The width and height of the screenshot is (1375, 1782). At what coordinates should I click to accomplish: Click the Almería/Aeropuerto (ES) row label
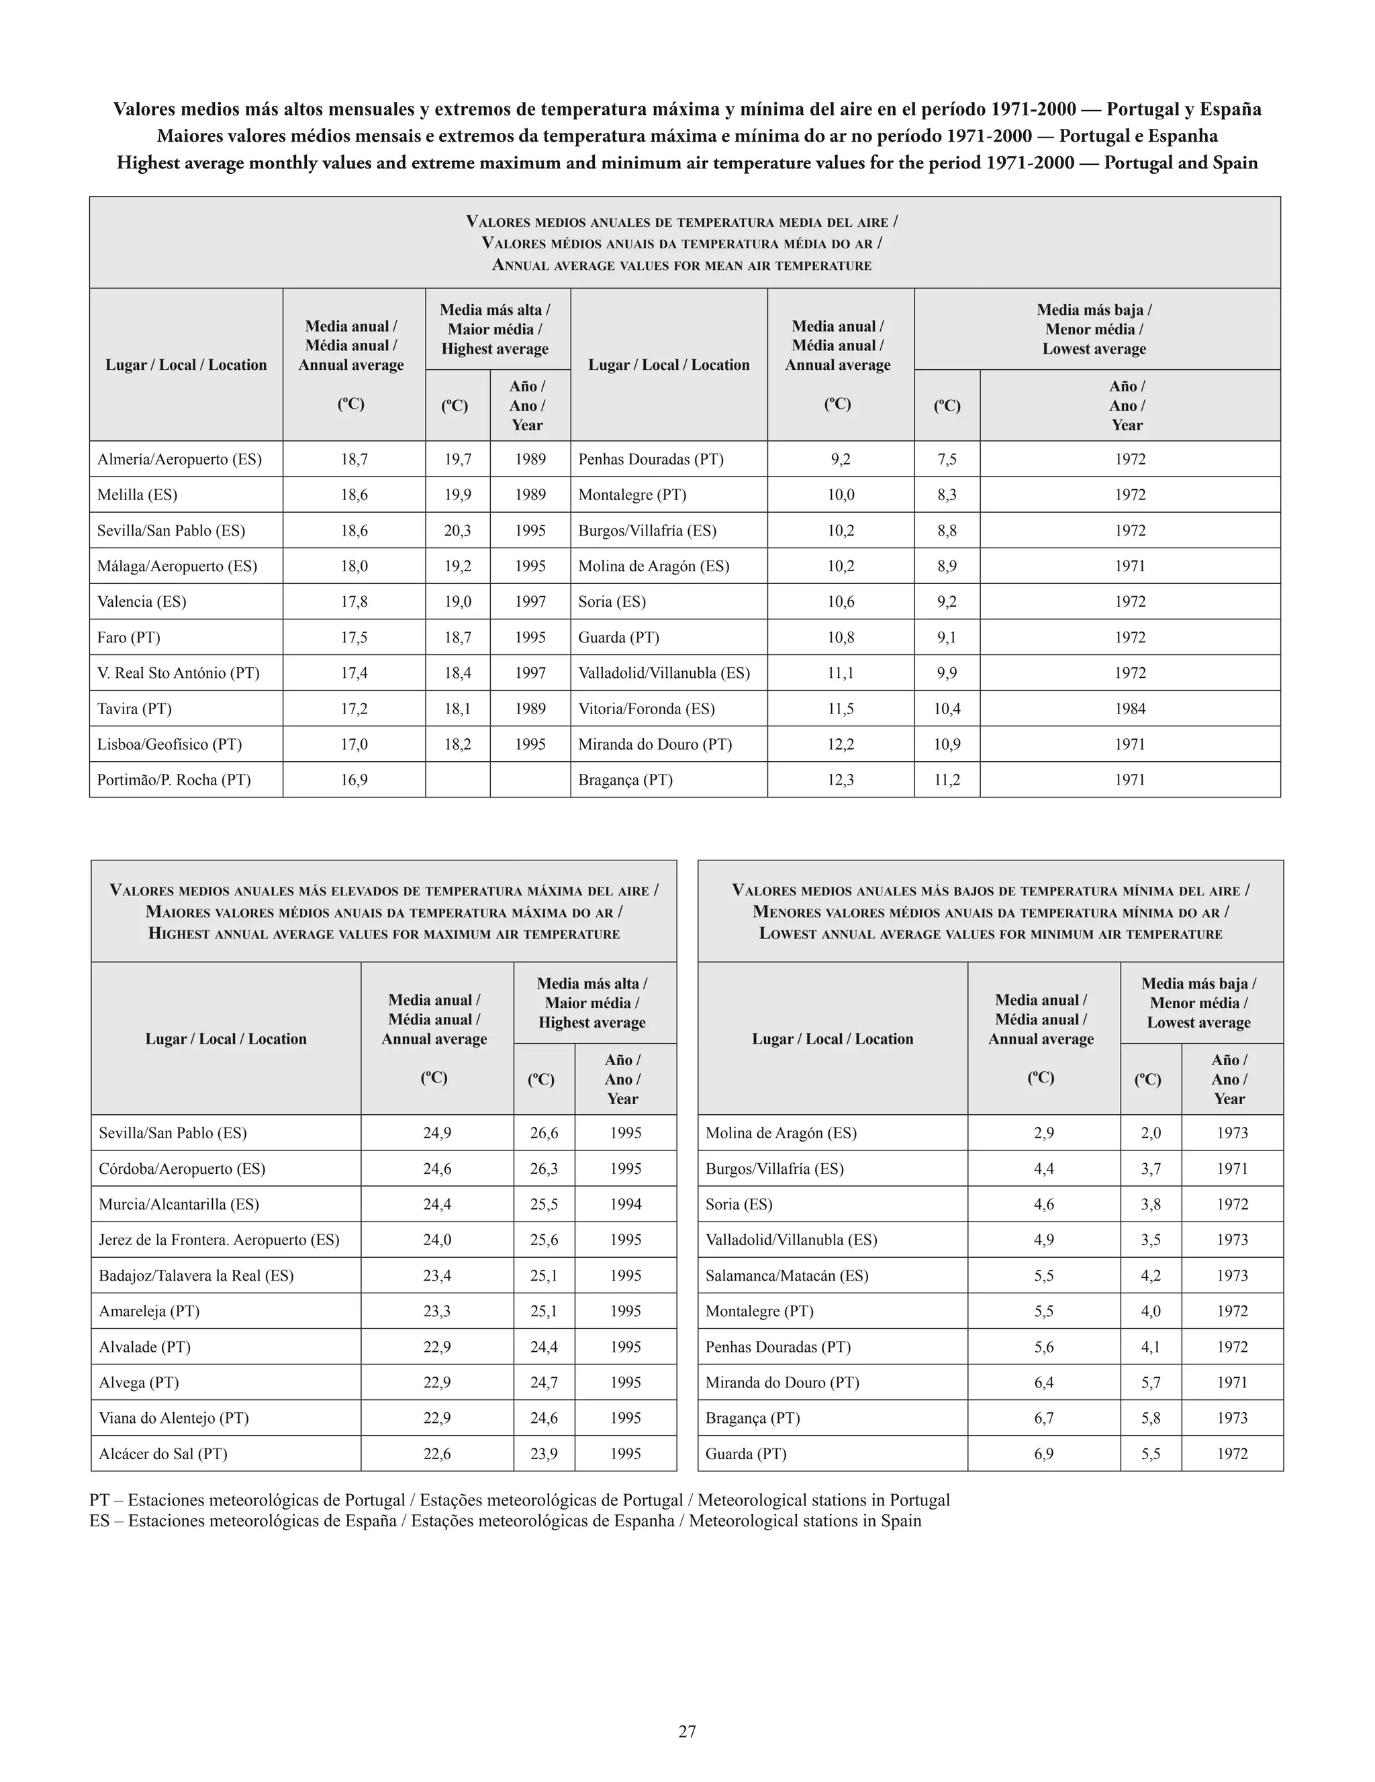coord(179,459)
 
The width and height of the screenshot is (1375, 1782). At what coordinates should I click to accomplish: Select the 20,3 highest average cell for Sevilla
coord(457,530)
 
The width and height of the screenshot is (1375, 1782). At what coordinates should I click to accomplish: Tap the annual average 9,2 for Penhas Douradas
coord(841,459)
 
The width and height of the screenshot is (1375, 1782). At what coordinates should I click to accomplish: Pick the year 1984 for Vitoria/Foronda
coord(1129,709)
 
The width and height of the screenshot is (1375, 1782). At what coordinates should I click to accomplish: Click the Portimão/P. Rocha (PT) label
coord(174,780)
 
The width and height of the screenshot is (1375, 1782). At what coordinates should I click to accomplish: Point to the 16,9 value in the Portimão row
coord(353,780)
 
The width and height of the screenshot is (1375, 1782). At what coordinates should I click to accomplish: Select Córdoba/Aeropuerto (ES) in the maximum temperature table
coord(182,1169)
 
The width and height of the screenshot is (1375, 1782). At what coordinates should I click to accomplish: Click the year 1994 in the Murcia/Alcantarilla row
coord(625,1204)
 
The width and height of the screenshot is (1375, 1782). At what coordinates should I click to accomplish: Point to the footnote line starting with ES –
coord(504,1521)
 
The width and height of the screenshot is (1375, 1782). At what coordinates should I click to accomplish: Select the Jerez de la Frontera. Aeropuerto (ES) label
coord(219,1240)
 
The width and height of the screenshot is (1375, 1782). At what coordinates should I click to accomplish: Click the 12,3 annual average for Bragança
coord(841,780)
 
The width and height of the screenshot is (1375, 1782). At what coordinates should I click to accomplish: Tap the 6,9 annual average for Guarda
coord(1044,1453)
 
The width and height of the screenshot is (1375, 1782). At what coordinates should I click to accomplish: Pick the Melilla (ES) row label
coord(137,495)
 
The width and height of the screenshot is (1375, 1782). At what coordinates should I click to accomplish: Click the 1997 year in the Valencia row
coord(530,602)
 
